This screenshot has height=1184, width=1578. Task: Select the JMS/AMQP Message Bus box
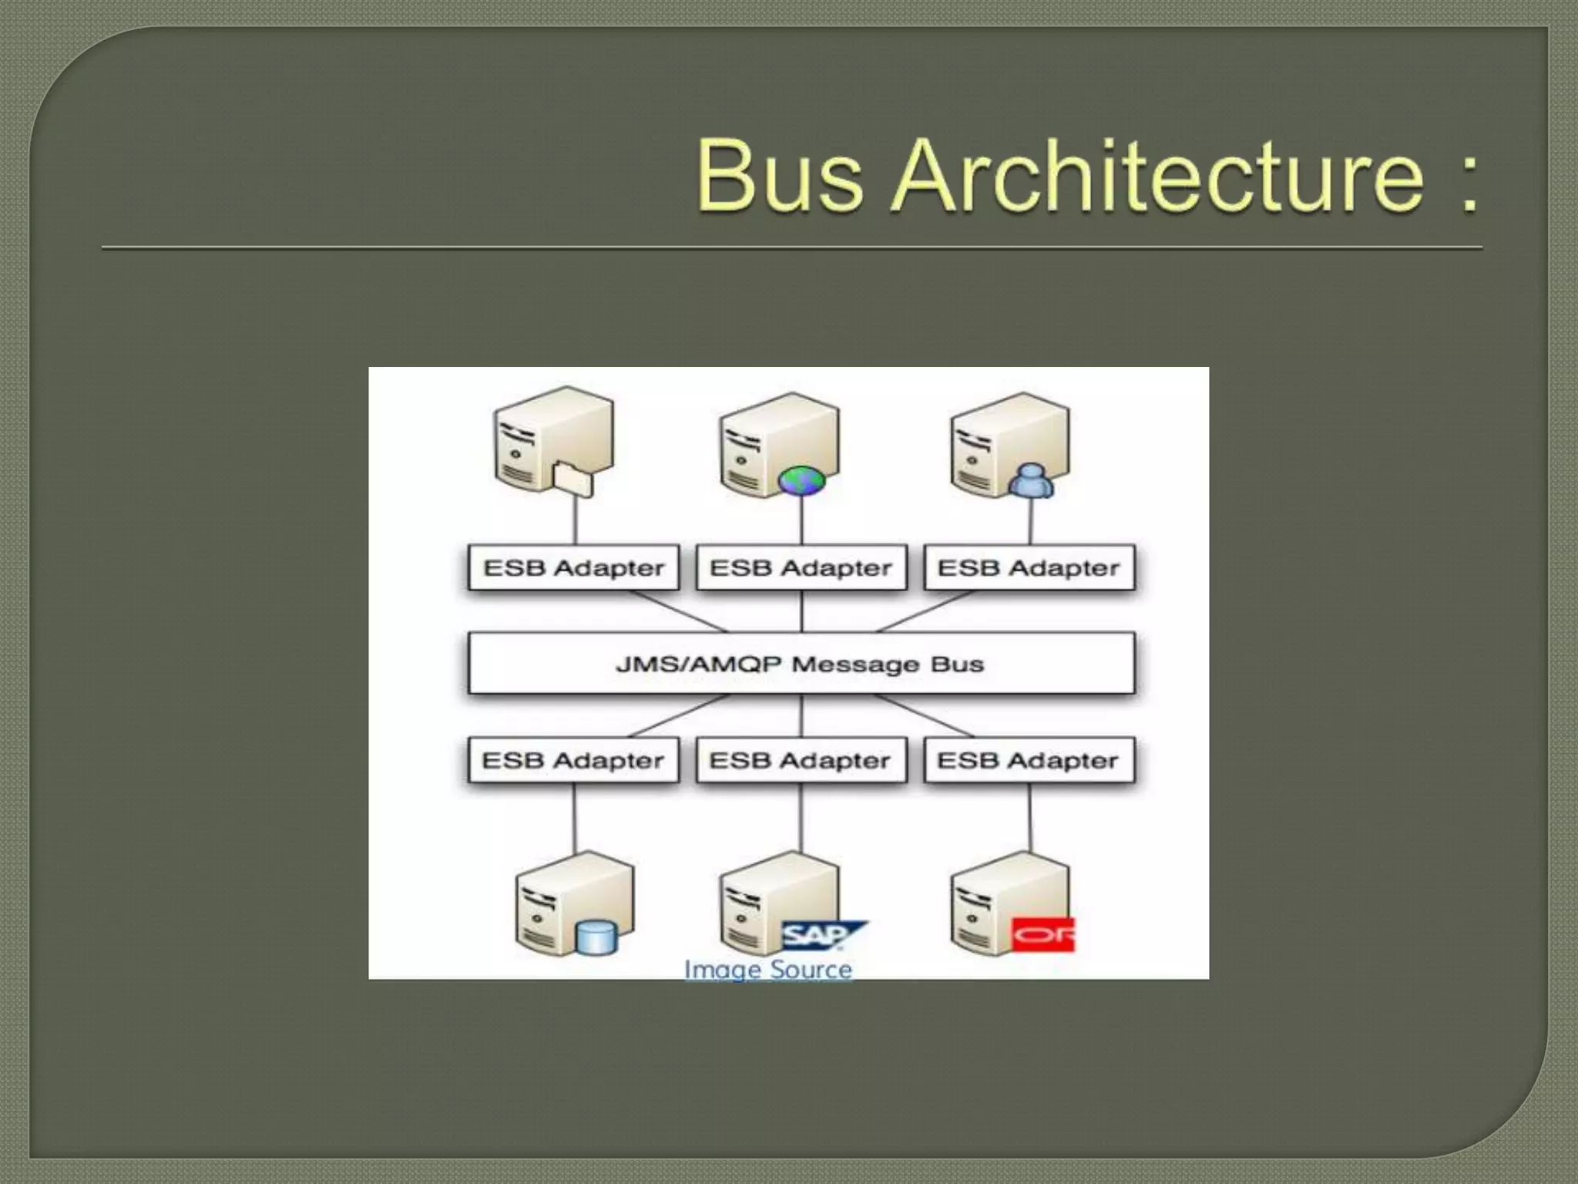(x=801, y=664)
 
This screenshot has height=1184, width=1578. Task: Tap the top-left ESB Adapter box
(x=573, y=568)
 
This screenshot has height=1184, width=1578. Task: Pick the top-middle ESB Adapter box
(x=801, y=568)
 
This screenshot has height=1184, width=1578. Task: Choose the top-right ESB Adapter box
(x=1029, y=568)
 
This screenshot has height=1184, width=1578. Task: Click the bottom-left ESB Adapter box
(x=573, y=761)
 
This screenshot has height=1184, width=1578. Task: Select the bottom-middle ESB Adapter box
(x=801, y=761)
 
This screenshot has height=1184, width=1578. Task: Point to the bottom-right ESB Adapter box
(x=1029, y=761)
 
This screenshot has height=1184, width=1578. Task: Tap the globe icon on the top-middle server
(x=801, y=480)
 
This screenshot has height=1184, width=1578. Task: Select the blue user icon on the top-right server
(x=1030, y=481)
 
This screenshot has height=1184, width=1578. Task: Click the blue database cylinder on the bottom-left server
(x=596, y=937)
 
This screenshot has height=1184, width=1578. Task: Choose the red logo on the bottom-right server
(x=1042, y=935)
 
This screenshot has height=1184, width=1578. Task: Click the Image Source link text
(x=768, y=969)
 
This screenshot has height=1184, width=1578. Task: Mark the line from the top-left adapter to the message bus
(x=678, y=611)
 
